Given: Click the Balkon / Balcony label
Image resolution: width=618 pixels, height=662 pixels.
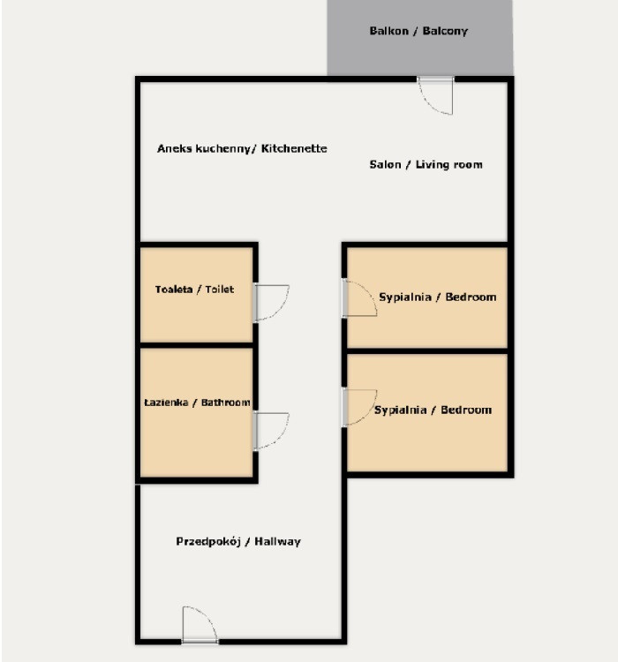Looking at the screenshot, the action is click(418, 31).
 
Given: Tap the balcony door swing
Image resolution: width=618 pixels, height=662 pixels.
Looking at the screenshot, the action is click(435, 96).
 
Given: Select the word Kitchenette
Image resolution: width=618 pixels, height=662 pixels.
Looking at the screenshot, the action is click(294, 148).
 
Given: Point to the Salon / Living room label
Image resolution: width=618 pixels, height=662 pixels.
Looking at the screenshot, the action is click(426, 164).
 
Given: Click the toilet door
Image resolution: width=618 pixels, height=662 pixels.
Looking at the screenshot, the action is click(271, 303).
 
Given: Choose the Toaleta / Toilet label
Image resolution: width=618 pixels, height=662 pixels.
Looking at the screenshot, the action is click(194, 290).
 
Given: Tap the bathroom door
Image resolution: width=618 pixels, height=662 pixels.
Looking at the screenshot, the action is click(271, 431).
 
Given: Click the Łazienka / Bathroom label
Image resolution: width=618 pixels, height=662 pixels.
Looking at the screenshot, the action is click(197, 402).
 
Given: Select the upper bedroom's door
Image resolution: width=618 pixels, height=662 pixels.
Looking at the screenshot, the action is click(359, 298).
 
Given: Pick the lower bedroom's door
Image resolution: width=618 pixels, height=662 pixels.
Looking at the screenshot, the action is click(359, 407).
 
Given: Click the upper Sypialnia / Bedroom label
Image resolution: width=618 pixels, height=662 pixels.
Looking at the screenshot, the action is click(438, 297).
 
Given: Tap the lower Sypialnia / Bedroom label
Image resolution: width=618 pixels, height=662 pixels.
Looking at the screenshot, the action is click(433, 410).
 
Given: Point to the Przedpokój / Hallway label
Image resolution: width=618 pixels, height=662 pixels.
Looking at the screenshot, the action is click(238, 541).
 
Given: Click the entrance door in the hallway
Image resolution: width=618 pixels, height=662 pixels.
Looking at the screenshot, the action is click(200, 625).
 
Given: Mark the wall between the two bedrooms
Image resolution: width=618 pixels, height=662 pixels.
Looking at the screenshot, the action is click(426, 350).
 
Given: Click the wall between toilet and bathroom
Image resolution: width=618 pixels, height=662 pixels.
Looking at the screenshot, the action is click(196, 345).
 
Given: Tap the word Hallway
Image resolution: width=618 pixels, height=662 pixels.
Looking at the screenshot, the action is click(277, 541).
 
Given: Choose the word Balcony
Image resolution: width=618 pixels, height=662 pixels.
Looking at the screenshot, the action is click(445, 31).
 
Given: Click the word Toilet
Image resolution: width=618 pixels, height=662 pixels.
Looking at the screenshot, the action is click(220, 290).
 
